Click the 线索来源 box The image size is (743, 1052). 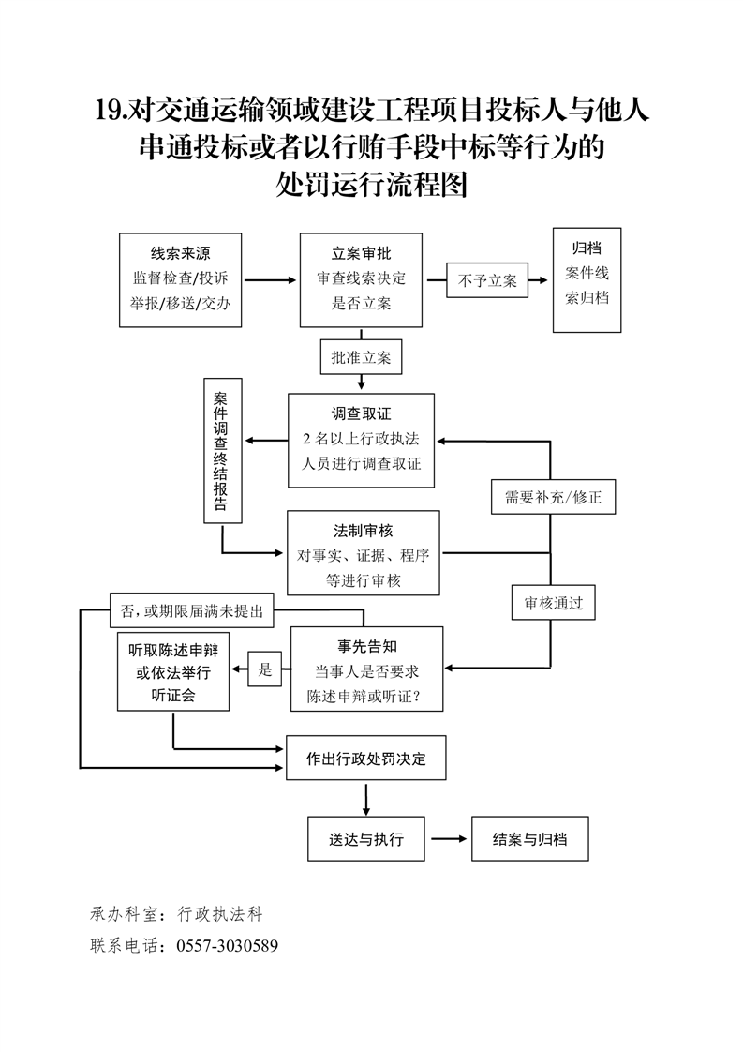[x=181, y=279]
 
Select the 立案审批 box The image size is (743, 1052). [x=361, y=279]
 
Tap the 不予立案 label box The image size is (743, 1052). [x=487, y=279]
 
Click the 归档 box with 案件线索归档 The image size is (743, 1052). [x=587, y=279]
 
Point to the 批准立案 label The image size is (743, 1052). [x=361, y=357]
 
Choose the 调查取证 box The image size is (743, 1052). [x=361, y=440]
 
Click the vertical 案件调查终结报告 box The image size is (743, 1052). [x=222, y=450]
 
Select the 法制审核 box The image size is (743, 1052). [x=363, y=553]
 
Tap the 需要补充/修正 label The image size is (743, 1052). [x=553, y=497]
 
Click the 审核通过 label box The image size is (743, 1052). [x=553, y=604]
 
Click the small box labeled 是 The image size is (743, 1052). [x=265, y=669]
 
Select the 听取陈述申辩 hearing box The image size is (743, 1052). [x=173, y=673]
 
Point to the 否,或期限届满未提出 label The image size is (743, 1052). [x=192, y=611]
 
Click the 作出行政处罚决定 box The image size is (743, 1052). [x=365, y=759]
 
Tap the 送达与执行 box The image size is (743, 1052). [x=366, y=839]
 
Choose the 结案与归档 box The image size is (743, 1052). [x=530, y=839]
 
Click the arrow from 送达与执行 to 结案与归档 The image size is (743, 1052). [x=448, y=839]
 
